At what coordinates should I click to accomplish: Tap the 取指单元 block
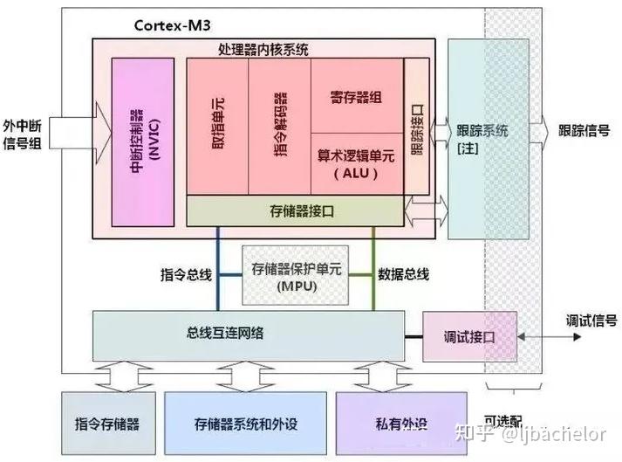point(218,127)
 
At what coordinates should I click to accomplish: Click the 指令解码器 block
point(279,127)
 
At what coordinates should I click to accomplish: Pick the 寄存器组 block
point(356,96)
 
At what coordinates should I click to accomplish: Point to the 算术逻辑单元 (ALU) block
point(356,162)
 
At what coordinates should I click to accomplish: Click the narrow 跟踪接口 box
point(417,127)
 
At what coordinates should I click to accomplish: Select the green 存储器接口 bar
point(295,210)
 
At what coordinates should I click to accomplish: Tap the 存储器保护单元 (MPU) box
point(295,275)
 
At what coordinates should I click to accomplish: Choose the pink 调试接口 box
point(468,336)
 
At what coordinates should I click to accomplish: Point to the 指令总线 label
point(186,274)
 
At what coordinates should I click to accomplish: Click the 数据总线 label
point(403,274)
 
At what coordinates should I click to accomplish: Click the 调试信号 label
point(591,320)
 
